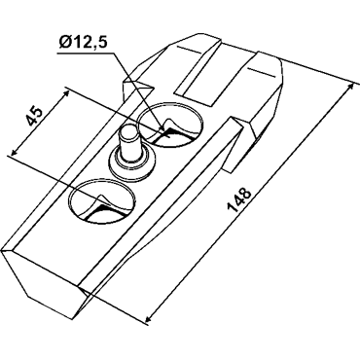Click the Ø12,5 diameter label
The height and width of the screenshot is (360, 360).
point(83,42)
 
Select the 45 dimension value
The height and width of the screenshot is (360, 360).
point(34,116)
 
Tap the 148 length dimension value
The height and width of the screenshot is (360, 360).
point(239,200)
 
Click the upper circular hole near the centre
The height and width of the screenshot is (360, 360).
point(170,125)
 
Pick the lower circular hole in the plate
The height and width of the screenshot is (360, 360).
point(102,201)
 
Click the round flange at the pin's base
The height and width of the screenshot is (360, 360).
point(130,162)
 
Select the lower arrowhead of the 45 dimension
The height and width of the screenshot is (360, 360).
point(15,150)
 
